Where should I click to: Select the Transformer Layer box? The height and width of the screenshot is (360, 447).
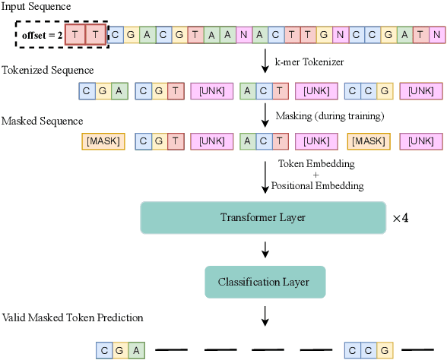pyautogui.click(x=262, y=218)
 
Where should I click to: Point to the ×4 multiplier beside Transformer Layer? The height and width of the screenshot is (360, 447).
pyautogui.click(x=400, y=218)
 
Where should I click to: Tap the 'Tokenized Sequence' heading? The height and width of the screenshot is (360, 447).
pyautogui.click(x=47, y=71)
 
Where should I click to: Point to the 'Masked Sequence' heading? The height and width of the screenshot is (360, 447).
pyautogui.click(x=41, y=121)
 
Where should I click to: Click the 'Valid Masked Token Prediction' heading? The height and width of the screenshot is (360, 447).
pyautogui.click(x=73, y=317)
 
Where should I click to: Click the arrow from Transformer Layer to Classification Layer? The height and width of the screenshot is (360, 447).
pyautogui.click(x=263, y=250)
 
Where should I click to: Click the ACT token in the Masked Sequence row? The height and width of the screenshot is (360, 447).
pyautogui.click(x=263, y=141)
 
